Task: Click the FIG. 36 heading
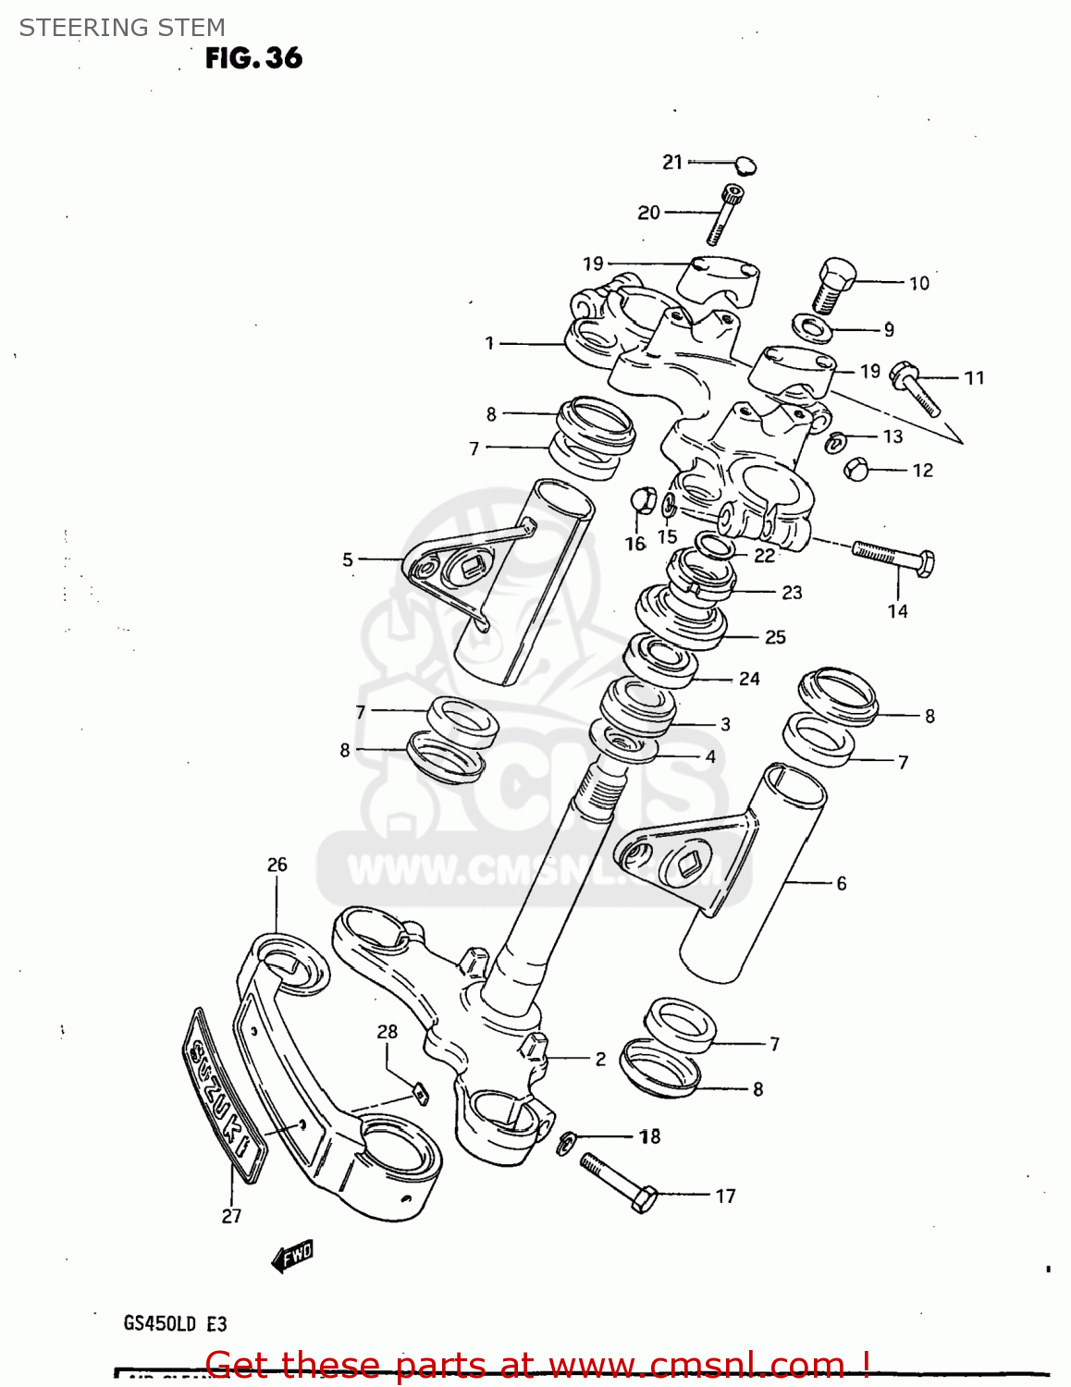pyautogui.click(x=253, y=58)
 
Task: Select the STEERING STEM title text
pyautogui.click(x=122, y=28)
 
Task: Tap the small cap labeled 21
pyautogui.click(x=745, y=166)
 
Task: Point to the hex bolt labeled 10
pyautogui.click(x=832, y=284)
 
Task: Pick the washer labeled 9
pyautogui.click(x=813, y=327)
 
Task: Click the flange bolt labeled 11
pyautogui.click(x=915, y=388)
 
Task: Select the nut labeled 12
pyautogui.click(x=856, y=470)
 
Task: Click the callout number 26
pyautogui.click(x=277, y=865)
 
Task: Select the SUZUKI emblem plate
pyautogui.click(x=223, y=1096)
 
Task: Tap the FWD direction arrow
pyautogui.click(x=293, y=1256)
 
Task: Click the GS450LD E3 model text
pyautogui.click(x=175, y=1323)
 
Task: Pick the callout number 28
pyautogui.click(x=387, y=1031)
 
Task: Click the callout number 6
pyautogui.click(x=841, y=884)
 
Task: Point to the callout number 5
pyautogui.click(x=348, y=559)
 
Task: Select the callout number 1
pyautogui.click(x=489, y=343)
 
